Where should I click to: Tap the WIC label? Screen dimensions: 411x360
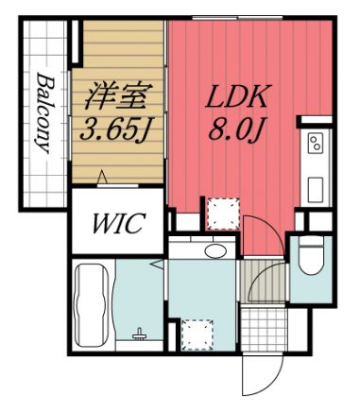tap(117, 225)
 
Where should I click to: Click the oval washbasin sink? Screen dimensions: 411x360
tap(215, 250)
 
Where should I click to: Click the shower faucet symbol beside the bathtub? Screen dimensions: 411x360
tap(141, 334)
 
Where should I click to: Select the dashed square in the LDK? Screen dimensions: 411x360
tap(223, 213)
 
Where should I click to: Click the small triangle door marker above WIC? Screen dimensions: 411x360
tap(101, 180)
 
